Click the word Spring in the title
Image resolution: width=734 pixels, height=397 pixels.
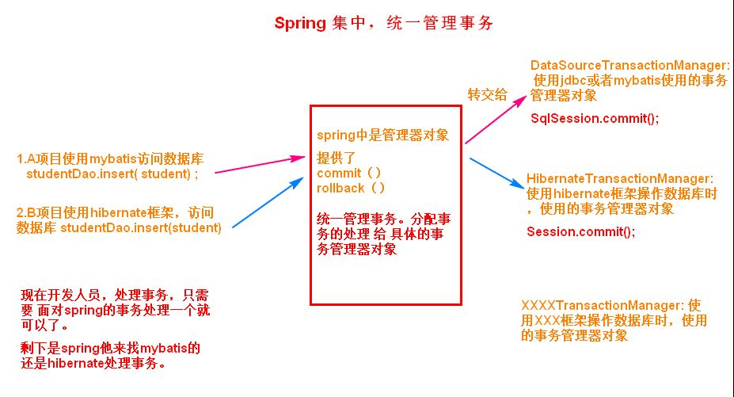300,23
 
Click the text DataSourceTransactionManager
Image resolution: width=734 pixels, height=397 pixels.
629,65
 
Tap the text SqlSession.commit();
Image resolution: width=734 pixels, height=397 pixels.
594,117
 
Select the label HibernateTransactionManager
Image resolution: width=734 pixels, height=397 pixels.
620,180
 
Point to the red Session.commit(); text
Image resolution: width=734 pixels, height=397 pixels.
580,232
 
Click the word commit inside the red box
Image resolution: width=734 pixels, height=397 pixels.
339,173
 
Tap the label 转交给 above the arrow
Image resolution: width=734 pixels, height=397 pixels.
488,95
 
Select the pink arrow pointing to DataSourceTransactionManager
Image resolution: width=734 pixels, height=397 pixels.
496,120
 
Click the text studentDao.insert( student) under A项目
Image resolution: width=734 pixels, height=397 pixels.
112,172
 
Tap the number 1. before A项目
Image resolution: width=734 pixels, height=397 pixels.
21,158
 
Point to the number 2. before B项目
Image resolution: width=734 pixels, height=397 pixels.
21,213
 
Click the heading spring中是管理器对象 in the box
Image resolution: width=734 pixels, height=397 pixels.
383,135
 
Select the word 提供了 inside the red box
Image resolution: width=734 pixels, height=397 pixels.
337,157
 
